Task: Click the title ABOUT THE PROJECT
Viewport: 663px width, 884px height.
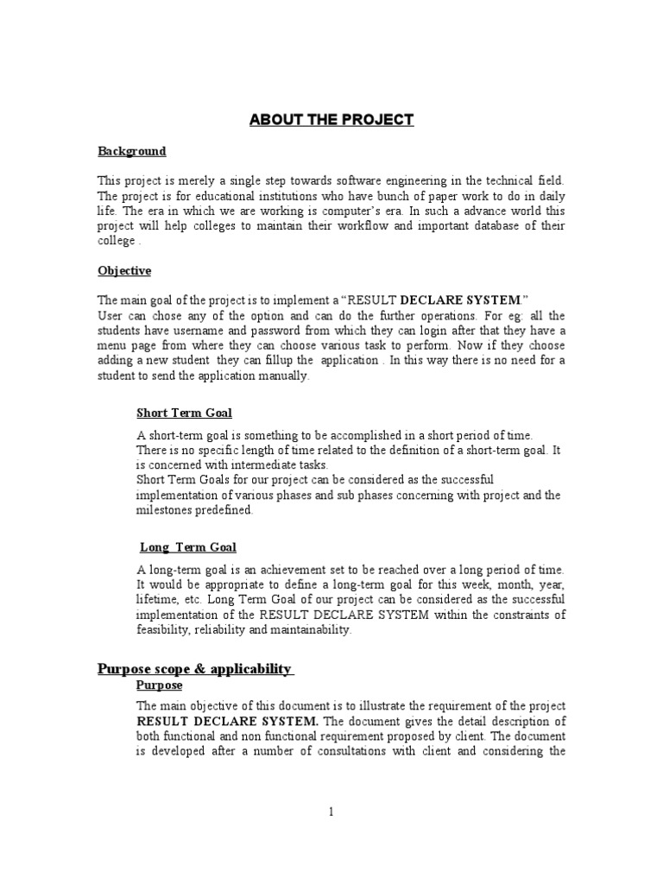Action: [331, 119]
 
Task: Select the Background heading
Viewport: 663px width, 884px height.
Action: [131, 151]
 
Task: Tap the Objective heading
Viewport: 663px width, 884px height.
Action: [124, 270]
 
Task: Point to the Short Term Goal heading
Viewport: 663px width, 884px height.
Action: [185, 413]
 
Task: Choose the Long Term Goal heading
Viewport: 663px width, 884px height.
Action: [188, 546]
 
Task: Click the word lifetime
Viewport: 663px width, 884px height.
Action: [159, 599]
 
